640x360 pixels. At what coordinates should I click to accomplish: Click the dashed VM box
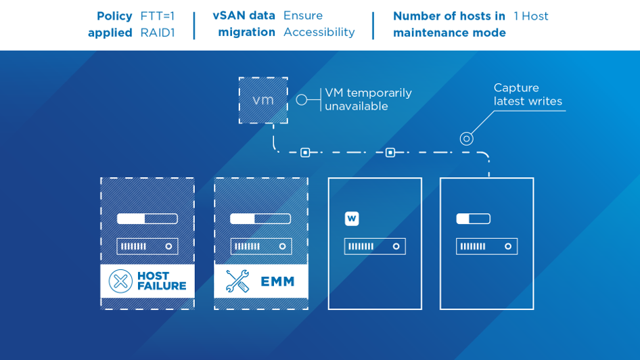click(263, 100)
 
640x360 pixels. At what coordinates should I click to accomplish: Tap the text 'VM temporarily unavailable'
click(367, 99)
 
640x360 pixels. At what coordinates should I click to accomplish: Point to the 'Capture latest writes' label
click(528, 95)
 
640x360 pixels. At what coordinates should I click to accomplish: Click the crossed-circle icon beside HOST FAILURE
click(120, 281)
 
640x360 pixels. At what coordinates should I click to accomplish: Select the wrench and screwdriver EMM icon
click(237, 281)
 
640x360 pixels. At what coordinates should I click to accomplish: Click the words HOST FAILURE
click(161, 281)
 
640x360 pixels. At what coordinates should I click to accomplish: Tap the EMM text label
click(277, 282)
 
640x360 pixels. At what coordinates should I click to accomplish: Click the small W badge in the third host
click(352, 219)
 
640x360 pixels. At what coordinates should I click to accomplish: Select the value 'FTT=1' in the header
click(157, 16)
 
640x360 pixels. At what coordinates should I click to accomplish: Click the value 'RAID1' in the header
click(157, 32)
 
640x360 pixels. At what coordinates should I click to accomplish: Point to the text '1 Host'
click(531, 16)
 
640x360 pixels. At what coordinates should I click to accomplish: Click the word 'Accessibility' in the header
click(319, 32)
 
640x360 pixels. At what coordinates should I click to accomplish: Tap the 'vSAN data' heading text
click(244, 16)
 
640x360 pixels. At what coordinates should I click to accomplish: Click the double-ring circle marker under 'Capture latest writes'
click(466, 139)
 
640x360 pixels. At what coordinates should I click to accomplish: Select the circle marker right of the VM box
click(302, 99)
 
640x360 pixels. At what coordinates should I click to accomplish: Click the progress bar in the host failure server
click(147, 219)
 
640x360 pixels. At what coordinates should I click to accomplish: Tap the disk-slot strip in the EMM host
click(261, 246)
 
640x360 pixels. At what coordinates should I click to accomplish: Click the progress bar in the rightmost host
click(473, 219)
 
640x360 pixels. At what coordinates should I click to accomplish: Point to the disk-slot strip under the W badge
click(375, 246)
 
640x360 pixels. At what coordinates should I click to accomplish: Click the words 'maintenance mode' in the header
click(449, 32)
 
